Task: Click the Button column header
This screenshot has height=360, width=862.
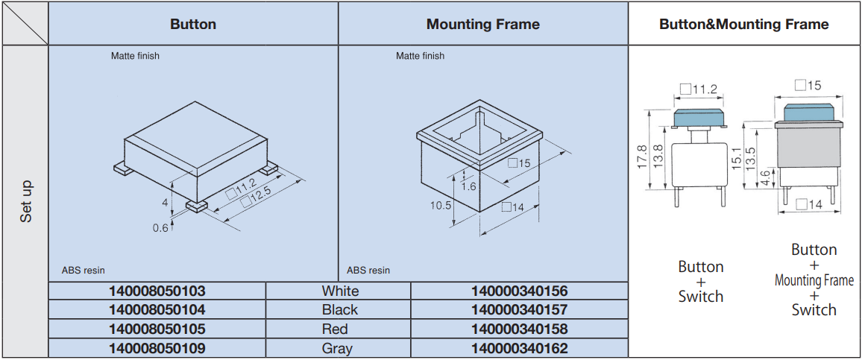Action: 193,24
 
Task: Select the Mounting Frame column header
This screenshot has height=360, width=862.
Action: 482,24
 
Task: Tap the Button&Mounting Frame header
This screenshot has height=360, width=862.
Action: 743,24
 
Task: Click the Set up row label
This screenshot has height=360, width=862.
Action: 26,202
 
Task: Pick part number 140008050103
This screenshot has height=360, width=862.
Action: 157,291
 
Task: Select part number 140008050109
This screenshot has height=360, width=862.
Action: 157,349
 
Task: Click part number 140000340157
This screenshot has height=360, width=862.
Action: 520,310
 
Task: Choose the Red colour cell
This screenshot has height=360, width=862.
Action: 335,329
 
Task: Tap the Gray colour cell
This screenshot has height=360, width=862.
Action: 337,349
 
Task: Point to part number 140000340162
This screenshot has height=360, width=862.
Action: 520,349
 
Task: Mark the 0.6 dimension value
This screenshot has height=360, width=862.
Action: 160,228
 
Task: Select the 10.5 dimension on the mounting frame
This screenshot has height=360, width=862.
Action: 441,205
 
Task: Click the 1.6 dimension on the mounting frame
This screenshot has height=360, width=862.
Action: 469,186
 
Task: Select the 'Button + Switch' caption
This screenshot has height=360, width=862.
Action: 701,282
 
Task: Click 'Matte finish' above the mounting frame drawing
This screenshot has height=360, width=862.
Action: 420,56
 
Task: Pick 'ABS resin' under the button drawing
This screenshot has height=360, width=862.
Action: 84,271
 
